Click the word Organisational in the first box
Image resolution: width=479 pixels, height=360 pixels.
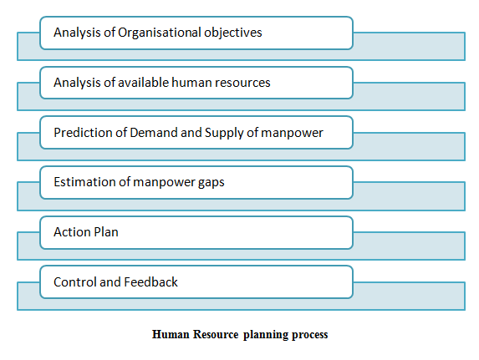[159, 33]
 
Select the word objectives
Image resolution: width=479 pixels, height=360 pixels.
[233, 33]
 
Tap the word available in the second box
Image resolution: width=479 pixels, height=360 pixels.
[143, 83]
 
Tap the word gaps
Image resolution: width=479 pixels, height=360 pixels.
[211, 183]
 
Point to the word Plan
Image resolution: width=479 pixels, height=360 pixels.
[106, 232]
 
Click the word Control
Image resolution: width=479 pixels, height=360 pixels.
[75, 282]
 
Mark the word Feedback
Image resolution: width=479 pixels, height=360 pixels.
[151, 281]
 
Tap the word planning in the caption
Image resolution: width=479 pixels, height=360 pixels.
[266, 335]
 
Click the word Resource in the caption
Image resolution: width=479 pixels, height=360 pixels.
[216, 334]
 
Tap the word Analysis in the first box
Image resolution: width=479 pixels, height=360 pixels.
[77, 33]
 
